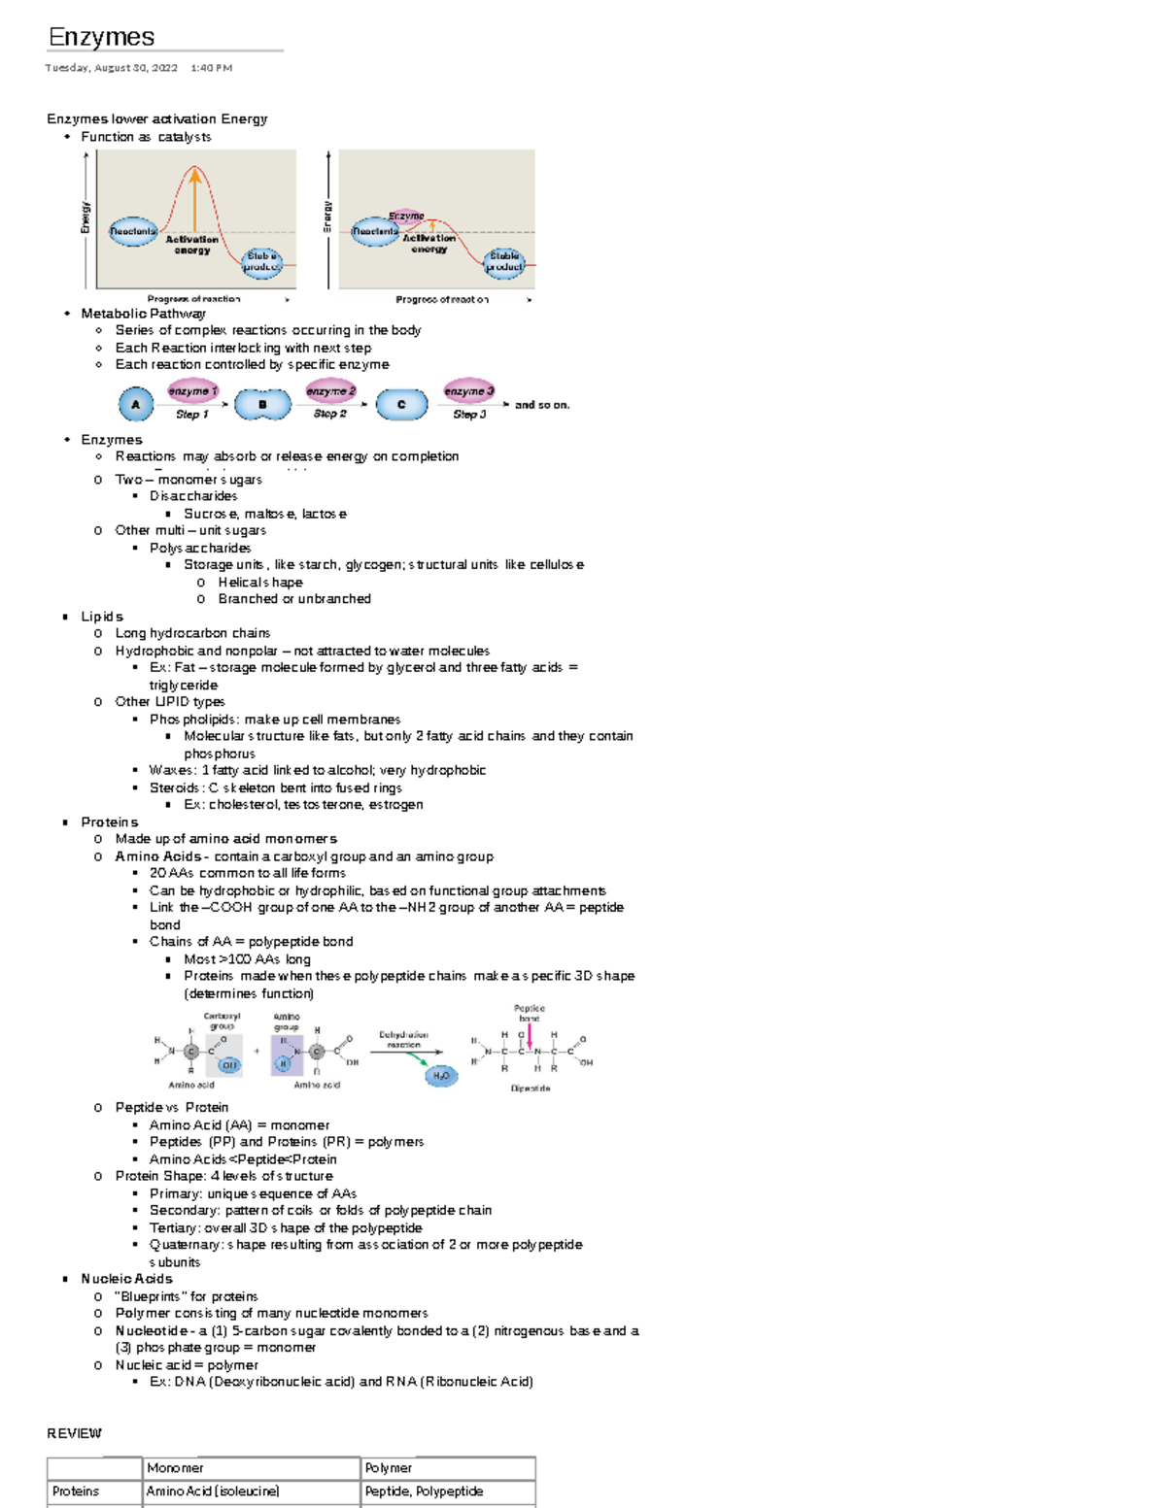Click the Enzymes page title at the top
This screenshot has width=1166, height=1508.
[101, 37]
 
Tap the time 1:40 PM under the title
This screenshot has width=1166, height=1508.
[211, 68]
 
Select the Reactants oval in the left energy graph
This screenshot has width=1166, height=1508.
[132, 231]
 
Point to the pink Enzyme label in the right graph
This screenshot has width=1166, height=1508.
[406, 216]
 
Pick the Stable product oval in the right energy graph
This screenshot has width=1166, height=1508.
[504, 261]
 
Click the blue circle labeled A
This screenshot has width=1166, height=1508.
[136, 404]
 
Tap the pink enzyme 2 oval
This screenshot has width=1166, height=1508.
[330, 391]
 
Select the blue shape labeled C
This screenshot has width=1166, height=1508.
[401, 404]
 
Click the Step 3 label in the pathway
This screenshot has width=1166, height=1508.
[469, 415]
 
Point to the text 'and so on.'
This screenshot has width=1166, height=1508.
[542, 405]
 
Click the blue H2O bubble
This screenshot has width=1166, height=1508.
[441, 1076]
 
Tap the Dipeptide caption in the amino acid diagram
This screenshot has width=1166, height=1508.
[531, 1089]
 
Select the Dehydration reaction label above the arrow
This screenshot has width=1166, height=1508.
[403, 1039]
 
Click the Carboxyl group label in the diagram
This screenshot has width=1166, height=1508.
[222, 1021]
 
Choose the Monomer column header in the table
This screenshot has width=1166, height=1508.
[176, 1468]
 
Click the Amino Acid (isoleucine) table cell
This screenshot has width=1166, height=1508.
[213, 1491]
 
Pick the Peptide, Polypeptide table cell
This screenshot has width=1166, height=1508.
[424, 1491]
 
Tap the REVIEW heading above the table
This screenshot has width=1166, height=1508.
[74, 1433]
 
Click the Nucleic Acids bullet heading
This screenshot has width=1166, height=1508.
[126, 1279]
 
